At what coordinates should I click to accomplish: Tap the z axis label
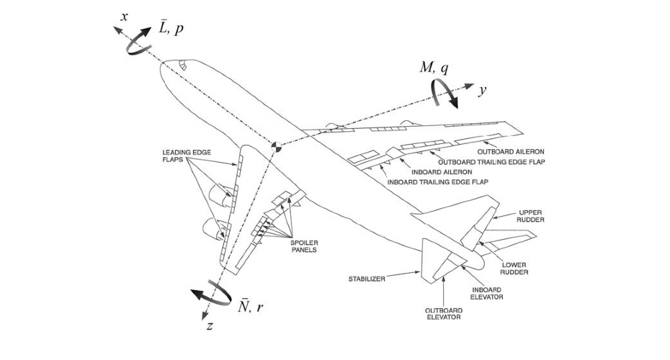pos(209,325)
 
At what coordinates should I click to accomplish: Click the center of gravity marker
pos(275,147)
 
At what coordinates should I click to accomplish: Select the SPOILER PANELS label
pos(303,246)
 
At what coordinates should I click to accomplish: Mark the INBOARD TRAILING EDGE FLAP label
pos(438,182)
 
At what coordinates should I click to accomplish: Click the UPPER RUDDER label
pos(531,216)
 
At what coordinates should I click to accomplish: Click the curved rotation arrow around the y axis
pos(445,93)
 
